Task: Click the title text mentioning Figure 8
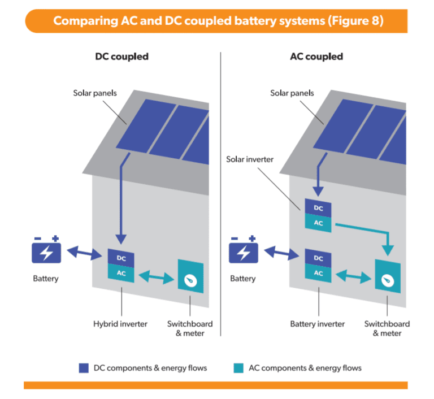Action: (218, 21)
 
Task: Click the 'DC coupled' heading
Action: (121, 57)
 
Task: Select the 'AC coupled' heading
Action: (316, 57)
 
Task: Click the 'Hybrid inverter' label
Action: (120, 324)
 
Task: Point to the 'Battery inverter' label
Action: (317, 324)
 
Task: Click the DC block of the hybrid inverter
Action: (121, 258)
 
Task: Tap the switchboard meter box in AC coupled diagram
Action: (388, 277)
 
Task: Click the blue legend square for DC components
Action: (84, 368)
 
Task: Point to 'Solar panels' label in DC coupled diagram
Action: (95, 93)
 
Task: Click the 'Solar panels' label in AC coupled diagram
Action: (292, 93)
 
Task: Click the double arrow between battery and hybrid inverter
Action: (85, 254)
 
